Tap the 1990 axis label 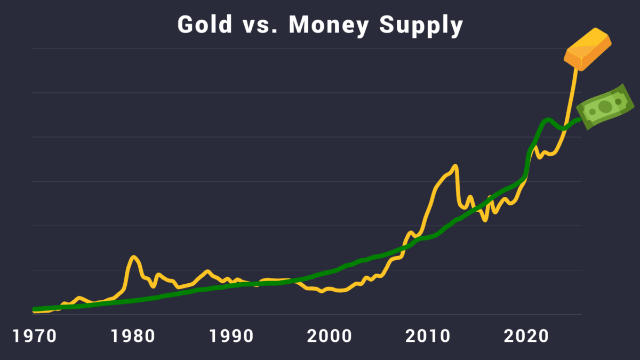(231, 337)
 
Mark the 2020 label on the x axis (525, 337)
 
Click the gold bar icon (588, 50)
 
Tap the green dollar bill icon (605, 107)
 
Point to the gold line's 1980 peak (133, 257)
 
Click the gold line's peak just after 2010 (455, 166)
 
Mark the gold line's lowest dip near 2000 (322, 291)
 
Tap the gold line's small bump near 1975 (79, 298)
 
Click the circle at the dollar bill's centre (605, 107)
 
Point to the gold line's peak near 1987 (207, 271)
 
